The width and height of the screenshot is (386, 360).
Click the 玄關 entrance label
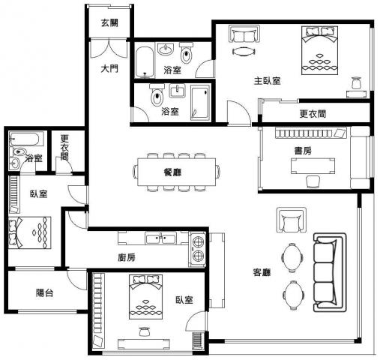click(x=109, y=23)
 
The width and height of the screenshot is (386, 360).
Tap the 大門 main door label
click(x=109, y=68)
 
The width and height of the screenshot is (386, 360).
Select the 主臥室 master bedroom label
click(x=268, y=81)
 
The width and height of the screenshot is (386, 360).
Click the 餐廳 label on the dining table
click(x=172, y=172)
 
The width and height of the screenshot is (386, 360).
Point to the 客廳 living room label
click(x=262, y=272)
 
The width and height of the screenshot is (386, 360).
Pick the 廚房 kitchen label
click(x=127, y=257)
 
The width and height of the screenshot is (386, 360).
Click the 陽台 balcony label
click(x=45, y=292)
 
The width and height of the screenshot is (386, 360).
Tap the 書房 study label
click(x=303, y=151)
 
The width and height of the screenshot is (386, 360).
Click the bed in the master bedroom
click(x=319, y=50)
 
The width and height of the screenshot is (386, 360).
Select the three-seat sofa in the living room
click(x=330, y=272)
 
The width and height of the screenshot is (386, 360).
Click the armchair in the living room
click(x=292, y=220)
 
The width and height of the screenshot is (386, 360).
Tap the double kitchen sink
click(x=161, y=238)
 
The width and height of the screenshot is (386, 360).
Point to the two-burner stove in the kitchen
click(x=197, y=249)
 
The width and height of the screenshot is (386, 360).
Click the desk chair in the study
click(x=313, y=181)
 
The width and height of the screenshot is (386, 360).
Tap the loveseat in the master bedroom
click(x=244, y=34)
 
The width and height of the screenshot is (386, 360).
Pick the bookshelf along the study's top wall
click(x=311, y=133)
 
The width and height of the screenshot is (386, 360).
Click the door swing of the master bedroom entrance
click(x=238, y=112)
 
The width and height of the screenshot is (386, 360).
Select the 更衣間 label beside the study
click(x=313, y=114)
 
